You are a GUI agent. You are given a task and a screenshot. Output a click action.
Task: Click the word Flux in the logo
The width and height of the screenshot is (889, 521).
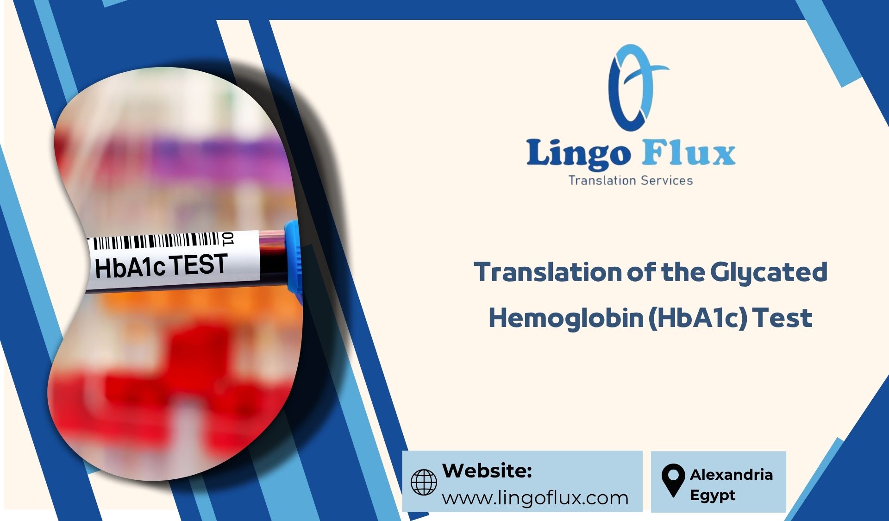pyautogui.click(x=689, y=152)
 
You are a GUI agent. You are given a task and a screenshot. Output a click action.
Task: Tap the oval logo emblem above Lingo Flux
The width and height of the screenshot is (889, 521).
pyautogui.click(x=632, y=88)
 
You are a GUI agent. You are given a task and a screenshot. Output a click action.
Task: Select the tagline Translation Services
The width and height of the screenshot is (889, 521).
pyautogui.click(x=630, y=181)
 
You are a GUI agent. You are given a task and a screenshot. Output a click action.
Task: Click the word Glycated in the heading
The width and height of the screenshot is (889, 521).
pyautogui.click(x=769, y=272)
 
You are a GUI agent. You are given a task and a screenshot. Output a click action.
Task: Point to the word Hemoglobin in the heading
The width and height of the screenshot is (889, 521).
pyautogui.click(x=566, y=318)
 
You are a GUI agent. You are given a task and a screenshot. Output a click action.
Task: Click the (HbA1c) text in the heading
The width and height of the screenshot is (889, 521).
pyautogui.click(x=698, y=318)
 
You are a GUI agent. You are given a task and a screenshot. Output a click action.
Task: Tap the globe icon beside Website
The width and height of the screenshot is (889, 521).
pyautogui.click(x=424, y=482)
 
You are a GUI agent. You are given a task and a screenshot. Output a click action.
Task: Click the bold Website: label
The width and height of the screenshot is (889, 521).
pyautogui.click(x=487, y=471)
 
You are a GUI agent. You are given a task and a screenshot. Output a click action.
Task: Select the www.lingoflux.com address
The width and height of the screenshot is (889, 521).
pyautogui.click(x=535, y=498)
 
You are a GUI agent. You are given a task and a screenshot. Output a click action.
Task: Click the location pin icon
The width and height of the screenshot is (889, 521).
pyautogui.click(x=673, y=480)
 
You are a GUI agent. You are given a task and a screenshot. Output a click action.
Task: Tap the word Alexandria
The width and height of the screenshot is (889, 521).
pyautogui.click(x=731, y=475)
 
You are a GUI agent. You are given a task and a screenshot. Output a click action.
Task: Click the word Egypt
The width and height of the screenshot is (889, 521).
pyautogui.click(x=712, y=495)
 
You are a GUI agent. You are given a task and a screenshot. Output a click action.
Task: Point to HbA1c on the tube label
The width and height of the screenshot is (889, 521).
pyautogui.click(x=130, y=268)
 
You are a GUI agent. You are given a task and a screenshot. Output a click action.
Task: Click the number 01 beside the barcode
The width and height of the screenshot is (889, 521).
pyautogui.click(x=228, y=239)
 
